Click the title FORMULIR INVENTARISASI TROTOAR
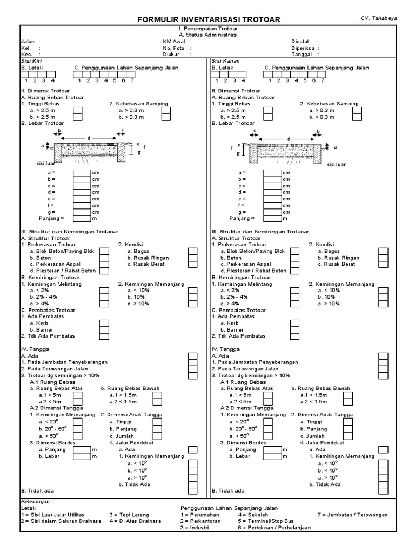[209, 19]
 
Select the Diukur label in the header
[171, 54]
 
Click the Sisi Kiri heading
[30, 61]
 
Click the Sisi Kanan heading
[222, 61]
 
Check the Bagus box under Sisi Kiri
[193, 251]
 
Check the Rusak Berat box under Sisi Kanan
[383, 264]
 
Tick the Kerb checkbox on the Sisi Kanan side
[294, 323]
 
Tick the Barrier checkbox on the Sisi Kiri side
[104, 329]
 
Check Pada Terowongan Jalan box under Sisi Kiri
[193, 369]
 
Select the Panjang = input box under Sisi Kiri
[82, 218]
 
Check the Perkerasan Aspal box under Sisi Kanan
[294, 264]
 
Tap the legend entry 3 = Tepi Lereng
[129, 515]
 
